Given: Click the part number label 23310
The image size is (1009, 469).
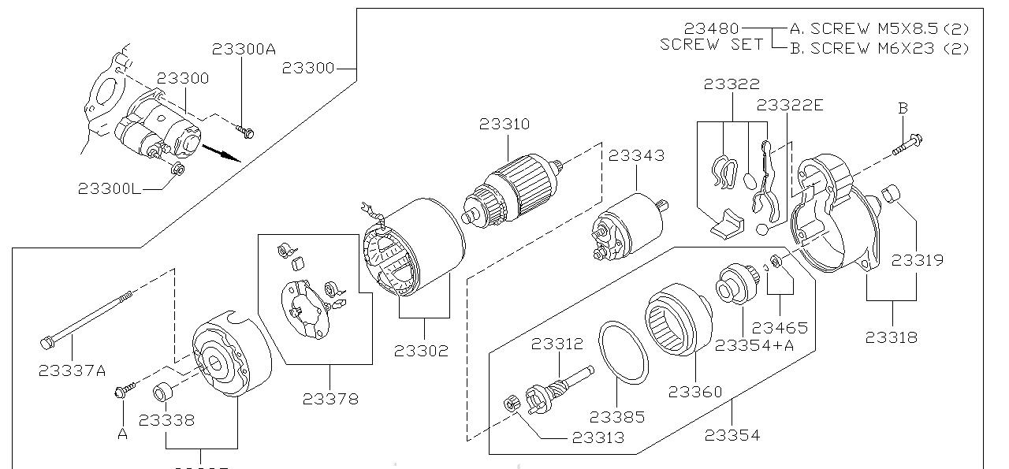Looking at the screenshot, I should (504, 125).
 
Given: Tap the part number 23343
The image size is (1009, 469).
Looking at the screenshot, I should (636, 156).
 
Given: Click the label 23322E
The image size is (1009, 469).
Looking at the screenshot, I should (790, 106).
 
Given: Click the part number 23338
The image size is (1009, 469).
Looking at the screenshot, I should (166, 420).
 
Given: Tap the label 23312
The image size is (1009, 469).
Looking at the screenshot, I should (557, 344).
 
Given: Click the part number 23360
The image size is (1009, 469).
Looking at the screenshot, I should (695, 392).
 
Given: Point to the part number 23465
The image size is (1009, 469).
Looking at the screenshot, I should (780, 328).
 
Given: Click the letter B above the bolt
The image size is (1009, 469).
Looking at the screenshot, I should (903, 108).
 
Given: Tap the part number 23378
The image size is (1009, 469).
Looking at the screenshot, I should (330, 399).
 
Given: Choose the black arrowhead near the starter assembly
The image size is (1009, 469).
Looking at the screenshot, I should (230, 154).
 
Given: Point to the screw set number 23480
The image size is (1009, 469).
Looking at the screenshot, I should (712, 28).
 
